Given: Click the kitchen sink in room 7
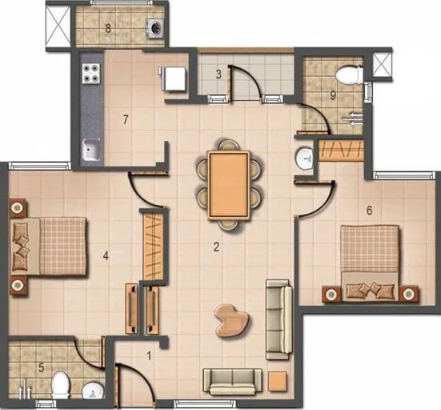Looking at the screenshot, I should (90, 149).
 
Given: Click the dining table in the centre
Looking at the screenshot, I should (229, 183).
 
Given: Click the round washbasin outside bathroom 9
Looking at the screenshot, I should (305, 159).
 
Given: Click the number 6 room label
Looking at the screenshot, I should (369, 211).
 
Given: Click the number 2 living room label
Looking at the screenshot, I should (216, 247).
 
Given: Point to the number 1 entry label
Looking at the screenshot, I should (148, 352).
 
